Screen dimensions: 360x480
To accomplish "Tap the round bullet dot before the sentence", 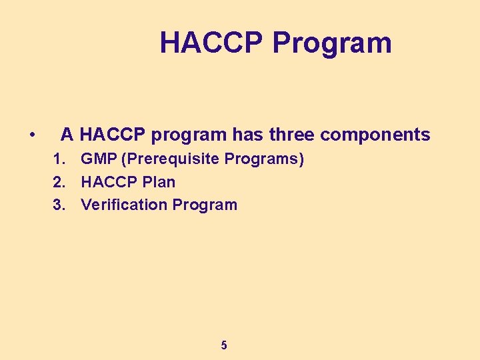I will pos(33,135).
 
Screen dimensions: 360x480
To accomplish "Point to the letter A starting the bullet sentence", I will pos(67,135).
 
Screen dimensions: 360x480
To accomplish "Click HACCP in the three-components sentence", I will pos(113,135).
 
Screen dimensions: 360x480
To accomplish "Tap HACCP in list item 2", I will pos(107,182).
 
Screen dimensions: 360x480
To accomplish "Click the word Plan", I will pos(157,182).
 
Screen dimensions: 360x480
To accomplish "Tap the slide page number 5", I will pos(224,345).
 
